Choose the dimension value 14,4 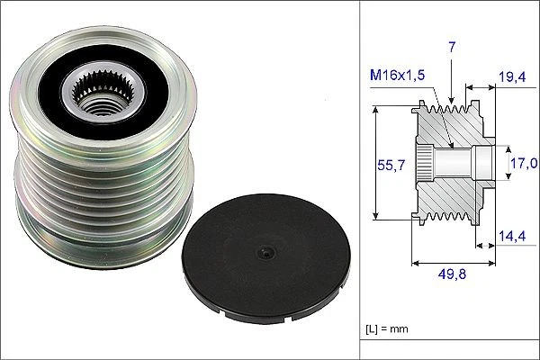coord(514,237)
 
